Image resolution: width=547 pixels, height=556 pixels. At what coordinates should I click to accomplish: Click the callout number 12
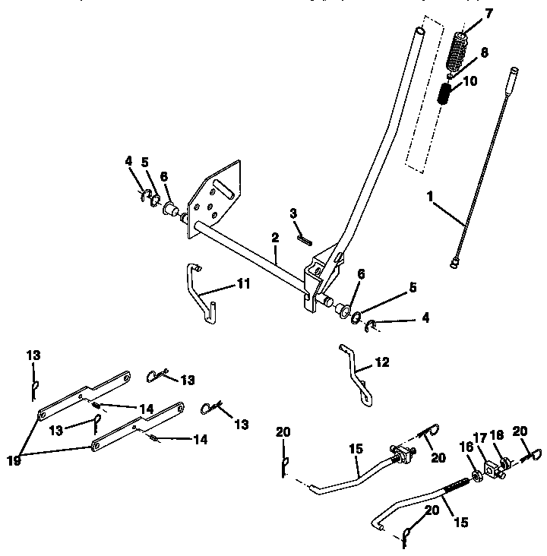[381, 363]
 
